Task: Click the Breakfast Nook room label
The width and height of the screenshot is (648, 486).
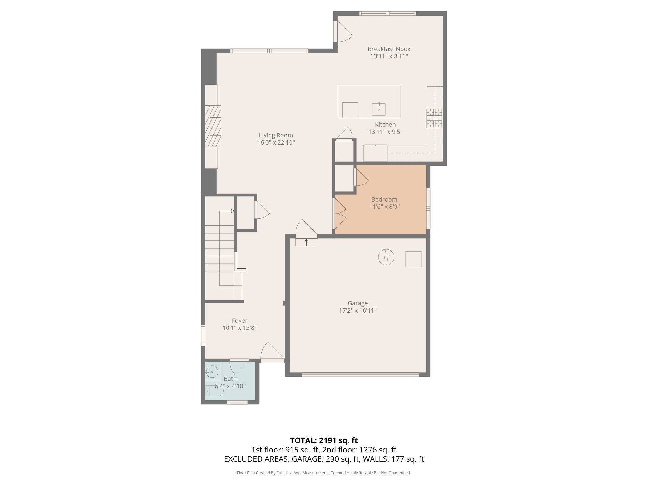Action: tap(389, 49)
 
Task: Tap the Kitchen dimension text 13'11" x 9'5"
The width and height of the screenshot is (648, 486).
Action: tap(385, 132)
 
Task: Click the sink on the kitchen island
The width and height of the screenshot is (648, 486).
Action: tap(379, 109)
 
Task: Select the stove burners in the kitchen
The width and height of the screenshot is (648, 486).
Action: tap(434, 118)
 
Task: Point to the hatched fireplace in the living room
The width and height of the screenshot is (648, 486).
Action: tap(213, 126)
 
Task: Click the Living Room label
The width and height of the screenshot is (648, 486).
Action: tap(276, 135)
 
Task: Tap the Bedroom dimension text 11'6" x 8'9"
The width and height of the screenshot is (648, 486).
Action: tap(384, 207)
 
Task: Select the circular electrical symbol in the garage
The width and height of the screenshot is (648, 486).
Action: tap(386, 257)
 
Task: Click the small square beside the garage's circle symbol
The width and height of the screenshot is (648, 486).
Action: tap(413, 259)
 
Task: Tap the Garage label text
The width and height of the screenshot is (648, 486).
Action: tap(358, 303)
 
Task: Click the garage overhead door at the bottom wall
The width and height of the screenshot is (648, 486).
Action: tap(360, 375)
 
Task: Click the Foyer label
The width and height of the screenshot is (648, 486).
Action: tap(239, 321)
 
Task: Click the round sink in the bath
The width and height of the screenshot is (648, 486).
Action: tap(212, 372)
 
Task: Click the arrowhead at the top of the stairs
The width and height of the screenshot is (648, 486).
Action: tap(233, 211)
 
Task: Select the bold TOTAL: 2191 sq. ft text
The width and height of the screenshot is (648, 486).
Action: tap(324, 440)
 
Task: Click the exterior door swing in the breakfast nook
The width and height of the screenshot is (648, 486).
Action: tap(344, 32)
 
